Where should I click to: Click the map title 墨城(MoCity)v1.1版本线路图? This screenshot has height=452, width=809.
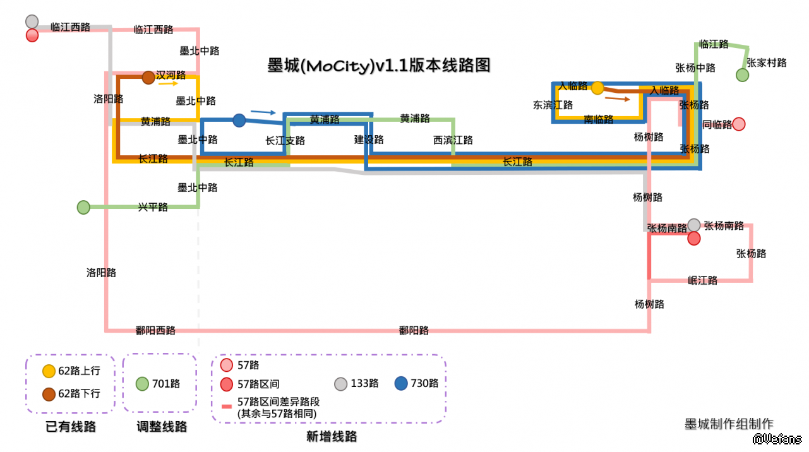coord(379,66)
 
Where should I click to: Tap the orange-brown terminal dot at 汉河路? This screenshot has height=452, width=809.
coord(148,78)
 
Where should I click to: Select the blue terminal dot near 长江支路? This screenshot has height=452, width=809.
coord(239,120)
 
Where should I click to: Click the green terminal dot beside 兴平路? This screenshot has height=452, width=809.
coord(83,207)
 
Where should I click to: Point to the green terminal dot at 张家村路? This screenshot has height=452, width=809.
coord(742,75)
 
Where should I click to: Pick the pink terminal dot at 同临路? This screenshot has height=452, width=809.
coord(739,124)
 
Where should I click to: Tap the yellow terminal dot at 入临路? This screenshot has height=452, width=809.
coord(597,88)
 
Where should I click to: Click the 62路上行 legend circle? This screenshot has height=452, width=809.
coord(49,371)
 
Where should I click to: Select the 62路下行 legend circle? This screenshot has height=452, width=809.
coord(49,394)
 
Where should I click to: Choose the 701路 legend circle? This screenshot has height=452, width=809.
coord(143,383)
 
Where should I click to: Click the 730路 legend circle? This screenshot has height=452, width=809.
coord(401,383)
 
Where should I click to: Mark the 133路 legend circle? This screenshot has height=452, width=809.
coord(341,383)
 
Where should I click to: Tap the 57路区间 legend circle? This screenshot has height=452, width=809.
coord(227,384)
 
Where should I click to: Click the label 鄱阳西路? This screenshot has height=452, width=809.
coord(155,330)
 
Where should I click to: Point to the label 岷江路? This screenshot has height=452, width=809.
coord(702,280)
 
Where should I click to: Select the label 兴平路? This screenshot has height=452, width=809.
coord(153,207)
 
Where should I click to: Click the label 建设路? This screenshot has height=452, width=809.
coord(369,140)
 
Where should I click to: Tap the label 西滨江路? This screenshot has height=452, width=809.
coord(453,140)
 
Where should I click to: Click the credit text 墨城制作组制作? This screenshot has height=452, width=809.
coord(729,424)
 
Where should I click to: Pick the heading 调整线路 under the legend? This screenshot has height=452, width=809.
coord(162,427)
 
